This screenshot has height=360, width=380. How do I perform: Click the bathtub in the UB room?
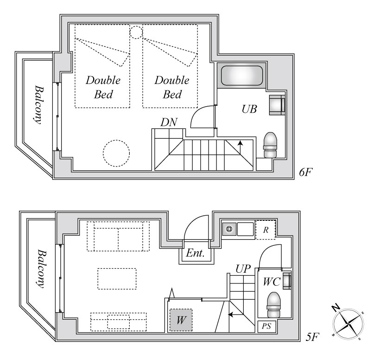[241, 76]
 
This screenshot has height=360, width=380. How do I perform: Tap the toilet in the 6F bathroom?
[270, 145]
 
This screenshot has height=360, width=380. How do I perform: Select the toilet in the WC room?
[273, 305]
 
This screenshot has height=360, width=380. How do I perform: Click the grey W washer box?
[181, 320]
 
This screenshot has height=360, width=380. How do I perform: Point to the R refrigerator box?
[266, 230]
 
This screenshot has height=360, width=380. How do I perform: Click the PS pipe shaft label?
[266, 326]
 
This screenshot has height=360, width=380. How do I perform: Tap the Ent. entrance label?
[196, 253]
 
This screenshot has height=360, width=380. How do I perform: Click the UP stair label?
[243, 269]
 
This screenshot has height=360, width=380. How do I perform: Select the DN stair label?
[169, 122]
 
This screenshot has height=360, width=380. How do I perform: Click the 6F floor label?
[305, 172]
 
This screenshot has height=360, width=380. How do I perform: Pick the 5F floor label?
[312, 337]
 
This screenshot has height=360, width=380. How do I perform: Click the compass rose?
[348, 324]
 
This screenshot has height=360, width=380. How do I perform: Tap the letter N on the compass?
[336, 308]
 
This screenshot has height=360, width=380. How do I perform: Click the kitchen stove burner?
[229, 229]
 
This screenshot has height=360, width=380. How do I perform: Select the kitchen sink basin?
[245, 229]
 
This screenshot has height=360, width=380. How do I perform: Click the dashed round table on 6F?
[116, 153]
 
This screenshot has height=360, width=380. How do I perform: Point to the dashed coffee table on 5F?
[117, 278]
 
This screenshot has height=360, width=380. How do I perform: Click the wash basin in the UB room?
[277, 105]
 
